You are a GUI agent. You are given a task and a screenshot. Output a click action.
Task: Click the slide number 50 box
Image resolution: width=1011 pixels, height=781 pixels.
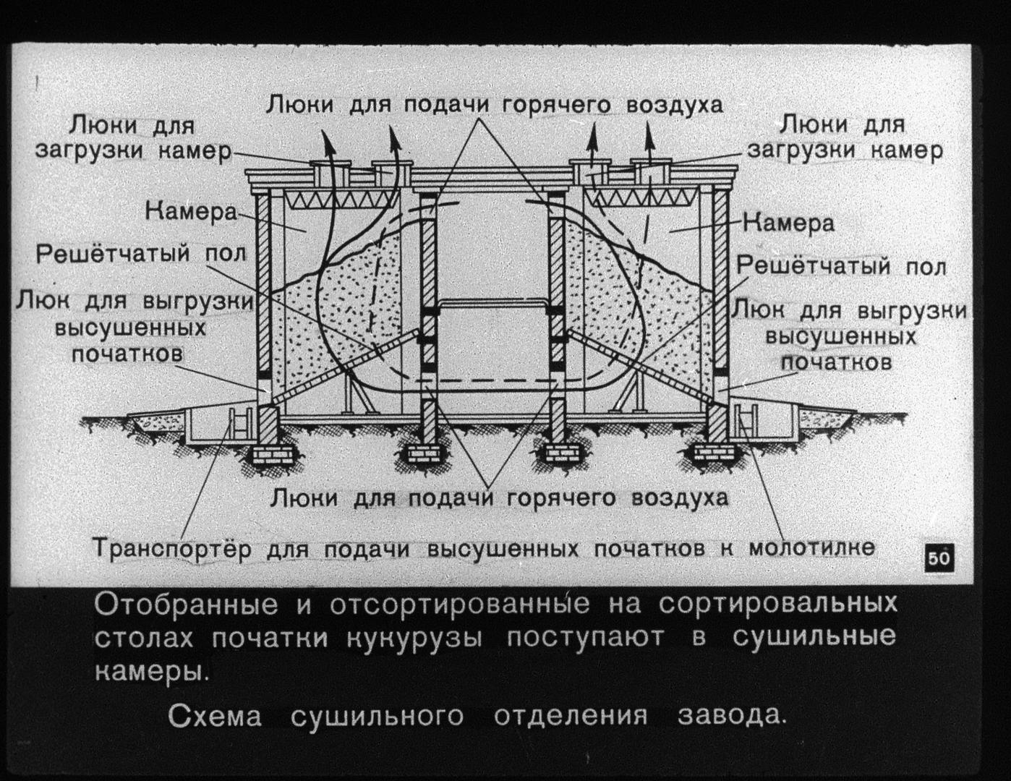pos(939,558)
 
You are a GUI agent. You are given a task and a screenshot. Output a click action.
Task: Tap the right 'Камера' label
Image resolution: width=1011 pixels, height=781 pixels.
pos(788,223)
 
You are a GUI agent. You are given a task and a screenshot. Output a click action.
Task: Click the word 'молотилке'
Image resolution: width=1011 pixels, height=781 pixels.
pos(811,547)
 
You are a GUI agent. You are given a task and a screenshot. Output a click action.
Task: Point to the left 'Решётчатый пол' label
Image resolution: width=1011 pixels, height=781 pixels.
pos(141,255)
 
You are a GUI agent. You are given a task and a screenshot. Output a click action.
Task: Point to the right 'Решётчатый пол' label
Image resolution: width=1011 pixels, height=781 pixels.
pos(841,267)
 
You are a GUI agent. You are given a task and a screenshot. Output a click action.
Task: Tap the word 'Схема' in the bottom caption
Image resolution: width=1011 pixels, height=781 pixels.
pos(215,716)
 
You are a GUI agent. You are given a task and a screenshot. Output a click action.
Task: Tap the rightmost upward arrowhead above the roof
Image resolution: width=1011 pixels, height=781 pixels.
pos(650,136)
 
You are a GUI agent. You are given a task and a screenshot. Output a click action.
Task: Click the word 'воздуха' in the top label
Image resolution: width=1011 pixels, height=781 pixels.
pos(675,105)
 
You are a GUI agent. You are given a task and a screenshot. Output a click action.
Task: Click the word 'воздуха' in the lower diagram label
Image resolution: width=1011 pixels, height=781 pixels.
pos(680,498)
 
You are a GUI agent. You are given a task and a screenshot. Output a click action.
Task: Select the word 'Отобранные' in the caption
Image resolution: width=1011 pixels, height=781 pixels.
pos(186,605)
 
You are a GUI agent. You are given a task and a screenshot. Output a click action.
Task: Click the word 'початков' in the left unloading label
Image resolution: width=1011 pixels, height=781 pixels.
pos(127,354)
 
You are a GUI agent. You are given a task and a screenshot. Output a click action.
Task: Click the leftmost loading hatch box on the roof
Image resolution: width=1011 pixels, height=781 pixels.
pos(330,172)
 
